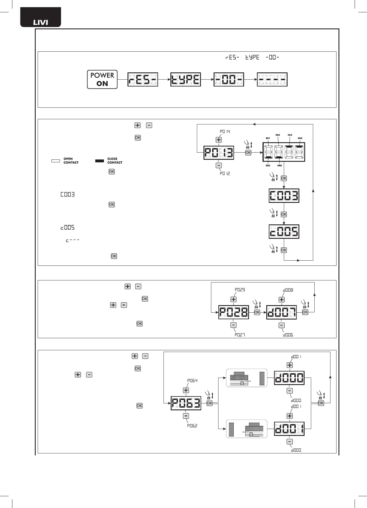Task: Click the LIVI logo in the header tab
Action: (x=41, y=22)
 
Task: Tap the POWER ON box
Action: (x=102, y=79)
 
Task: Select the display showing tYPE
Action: (x=186, y=80)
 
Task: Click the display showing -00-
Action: (x=229, y=80)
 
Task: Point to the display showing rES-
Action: (x=143, y=80)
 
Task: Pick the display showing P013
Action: (x=219, y=153)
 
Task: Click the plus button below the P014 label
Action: (x=219, y=140)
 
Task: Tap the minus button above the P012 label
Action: (x=219, y=166)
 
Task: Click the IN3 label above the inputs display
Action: (x=290, y=135)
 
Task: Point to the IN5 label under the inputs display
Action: (x=268, y=166)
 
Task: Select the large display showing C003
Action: (x=284, y=196)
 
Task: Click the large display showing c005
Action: (x=284, y=232)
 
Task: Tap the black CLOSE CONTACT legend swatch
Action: (x=100, y=161)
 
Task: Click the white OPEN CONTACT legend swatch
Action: (x=56, y=161)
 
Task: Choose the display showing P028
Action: (x=234, y=312)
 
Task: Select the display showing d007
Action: (x=282, y=312)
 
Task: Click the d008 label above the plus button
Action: (x=288, y=290)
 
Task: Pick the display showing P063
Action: (x=186, y=403)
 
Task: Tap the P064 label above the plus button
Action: (x=192, y=381)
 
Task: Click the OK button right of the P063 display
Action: (x=210, y=403)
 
